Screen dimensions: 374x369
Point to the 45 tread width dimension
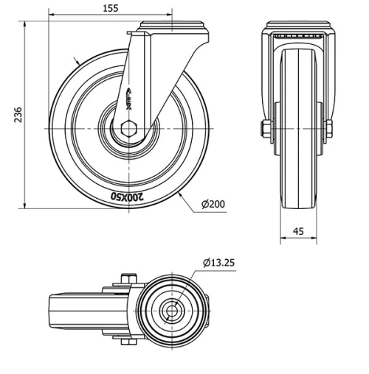click(298, 230)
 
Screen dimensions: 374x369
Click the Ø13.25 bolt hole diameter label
click(219, 263)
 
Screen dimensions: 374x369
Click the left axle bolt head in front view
click(264, 130)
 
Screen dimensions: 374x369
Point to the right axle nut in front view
click(325, 130)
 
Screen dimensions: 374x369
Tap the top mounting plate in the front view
click(298, 30)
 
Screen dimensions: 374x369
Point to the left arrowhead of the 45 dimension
click(282, 239)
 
